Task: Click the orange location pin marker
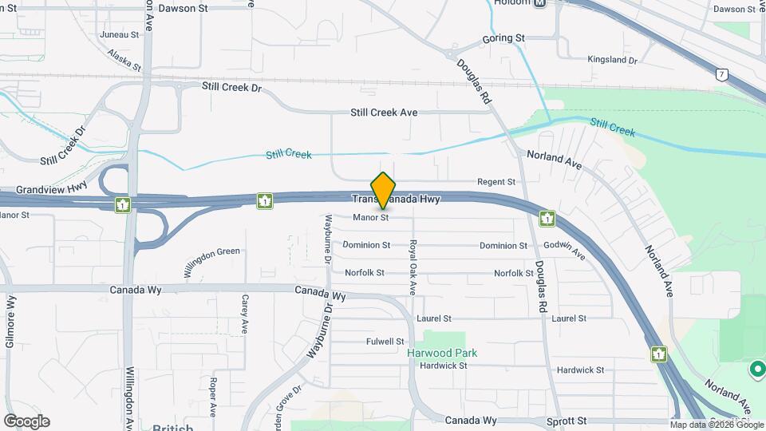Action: point(383,191)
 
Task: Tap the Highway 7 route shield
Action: point(721,75)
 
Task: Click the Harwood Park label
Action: point(442,353)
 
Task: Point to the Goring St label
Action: point(503,38)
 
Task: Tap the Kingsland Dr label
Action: point(612,60)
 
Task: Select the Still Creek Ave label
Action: point(384,113)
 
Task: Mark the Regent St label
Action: point(496,182)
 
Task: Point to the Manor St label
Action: point(370,217)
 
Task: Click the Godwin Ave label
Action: point(564,251)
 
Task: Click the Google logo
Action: point(26,421)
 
